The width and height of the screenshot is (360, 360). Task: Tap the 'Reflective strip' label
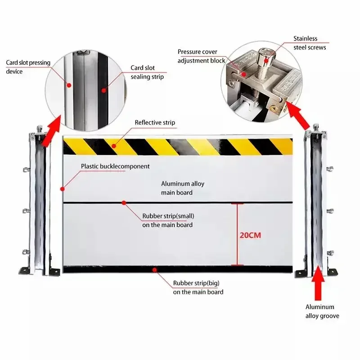[x=155, y=122]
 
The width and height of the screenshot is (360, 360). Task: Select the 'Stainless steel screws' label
[x=310, y=43]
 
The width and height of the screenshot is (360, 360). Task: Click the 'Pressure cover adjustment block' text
[x=201, y=56]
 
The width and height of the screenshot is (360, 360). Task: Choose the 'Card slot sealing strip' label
[x=147, y=72]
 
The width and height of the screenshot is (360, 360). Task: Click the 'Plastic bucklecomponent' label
[x=115, y=166]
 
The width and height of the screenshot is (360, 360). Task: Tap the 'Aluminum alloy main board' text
[x=177, y=188]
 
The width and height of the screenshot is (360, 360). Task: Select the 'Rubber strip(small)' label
[x=168, y=220]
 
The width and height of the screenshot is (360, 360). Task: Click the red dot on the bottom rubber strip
[x=155, y=270]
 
